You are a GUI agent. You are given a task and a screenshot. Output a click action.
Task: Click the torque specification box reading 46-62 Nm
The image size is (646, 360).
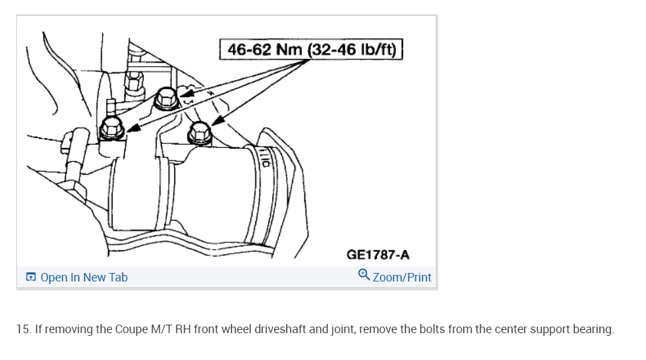[310, 49]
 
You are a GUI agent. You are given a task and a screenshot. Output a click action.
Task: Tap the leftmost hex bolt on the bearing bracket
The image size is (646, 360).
[111, 128]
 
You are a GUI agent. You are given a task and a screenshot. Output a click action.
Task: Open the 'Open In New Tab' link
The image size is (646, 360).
[84, 278]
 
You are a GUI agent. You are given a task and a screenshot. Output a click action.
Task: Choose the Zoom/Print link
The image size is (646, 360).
[402, 278]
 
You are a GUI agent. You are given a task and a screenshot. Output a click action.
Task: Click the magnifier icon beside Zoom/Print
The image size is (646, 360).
[364, 276]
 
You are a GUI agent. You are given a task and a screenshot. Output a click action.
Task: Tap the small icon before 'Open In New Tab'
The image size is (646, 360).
[31, 278]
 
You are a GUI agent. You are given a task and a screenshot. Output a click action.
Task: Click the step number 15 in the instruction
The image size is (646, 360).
[24, 329]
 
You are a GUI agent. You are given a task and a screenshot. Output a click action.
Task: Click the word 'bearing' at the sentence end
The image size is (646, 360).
[594, 329]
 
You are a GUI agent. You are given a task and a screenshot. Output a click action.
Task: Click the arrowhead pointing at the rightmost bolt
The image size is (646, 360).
[216, 122]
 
